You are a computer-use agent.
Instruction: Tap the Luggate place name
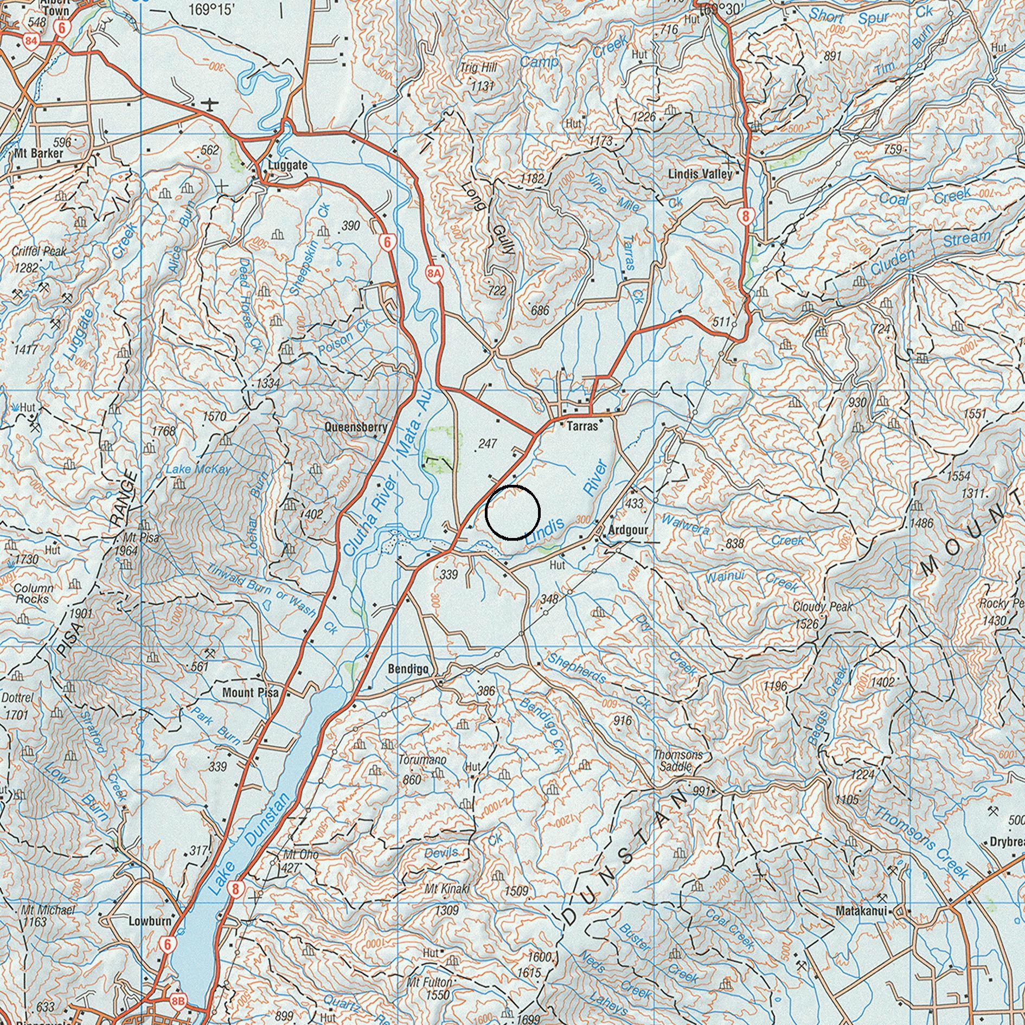(x=288, y=165)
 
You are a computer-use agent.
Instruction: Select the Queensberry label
(x=356, y=427)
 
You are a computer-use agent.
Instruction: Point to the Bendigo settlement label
(x=408, y=669)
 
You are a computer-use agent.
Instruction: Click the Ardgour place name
(x=628, y=530)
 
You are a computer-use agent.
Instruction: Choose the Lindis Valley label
(x=700, y=175)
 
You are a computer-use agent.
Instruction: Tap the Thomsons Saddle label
(x=677, y=760)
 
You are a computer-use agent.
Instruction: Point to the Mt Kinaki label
(x=447, y=889)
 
